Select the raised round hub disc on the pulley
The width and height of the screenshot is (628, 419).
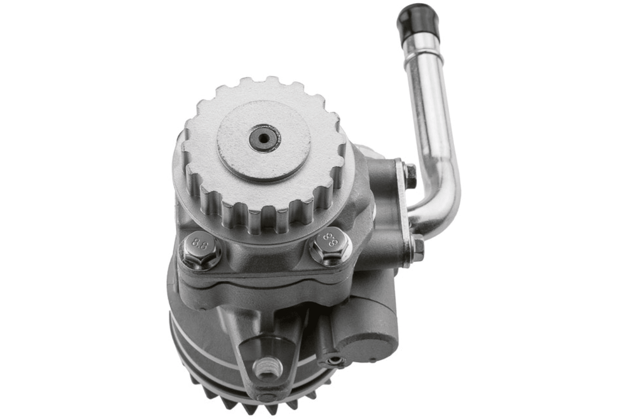(x=264, y=139)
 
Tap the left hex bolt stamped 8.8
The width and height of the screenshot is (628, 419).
(x=200, y=249)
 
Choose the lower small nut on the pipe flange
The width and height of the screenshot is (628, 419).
(x=417, y=247)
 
